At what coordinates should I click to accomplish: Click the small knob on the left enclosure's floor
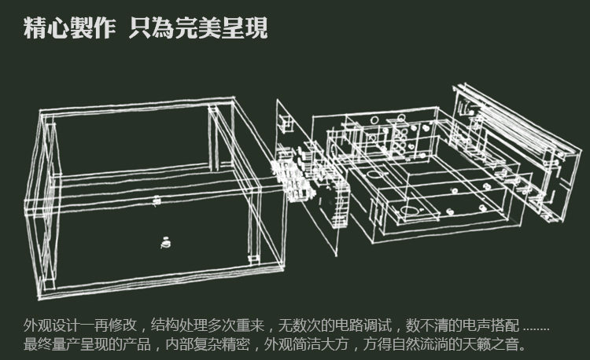click(x=165, y=243)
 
